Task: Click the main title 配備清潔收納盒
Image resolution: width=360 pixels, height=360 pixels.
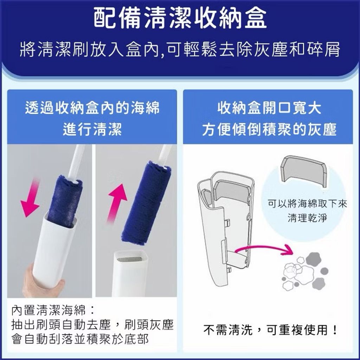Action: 180,18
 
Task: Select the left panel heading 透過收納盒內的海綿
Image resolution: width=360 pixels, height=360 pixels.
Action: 92,108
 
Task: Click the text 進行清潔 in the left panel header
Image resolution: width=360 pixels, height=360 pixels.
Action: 92,129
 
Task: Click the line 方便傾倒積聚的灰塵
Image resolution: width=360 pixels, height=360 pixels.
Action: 269,129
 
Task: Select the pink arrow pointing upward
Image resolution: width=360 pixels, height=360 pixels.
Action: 117,204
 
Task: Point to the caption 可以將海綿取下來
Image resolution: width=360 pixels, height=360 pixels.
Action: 307,204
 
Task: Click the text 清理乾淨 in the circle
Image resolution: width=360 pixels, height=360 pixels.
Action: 307,217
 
